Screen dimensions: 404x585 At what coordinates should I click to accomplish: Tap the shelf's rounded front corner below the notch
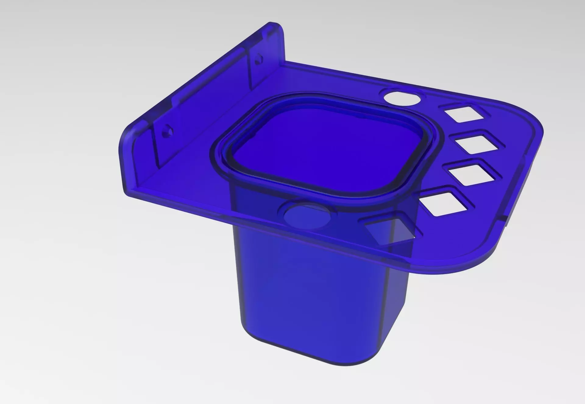(481, 259)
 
